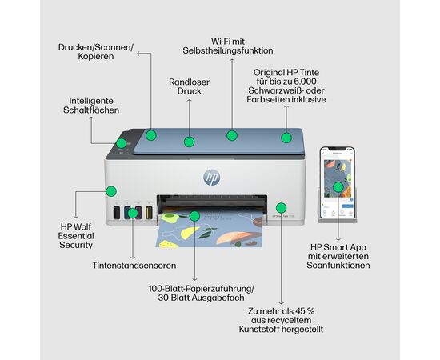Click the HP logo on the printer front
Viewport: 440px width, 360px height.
[x=212, y=177]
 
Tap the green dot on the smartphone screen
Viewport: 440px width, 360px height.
[x=338, y=187]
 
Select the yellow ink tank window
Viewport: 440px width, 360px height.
[x=149, y=213]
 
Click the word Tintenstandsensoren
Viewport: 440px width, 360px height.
[x=134, y=266]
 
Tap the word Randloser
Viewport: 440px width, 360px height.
[x=189, y=82]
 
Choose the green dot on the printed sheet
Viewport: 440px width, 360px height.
[x=194, y=216]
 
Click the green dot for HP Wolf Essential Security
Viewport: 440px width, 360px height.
[x=111, y=191]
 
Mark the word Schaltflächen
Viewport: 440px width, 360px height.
[x=91, y=110]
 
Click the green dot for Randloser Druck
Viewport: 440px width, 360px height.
[x=189, y=142]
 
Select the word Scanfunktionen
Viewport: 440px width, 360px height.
[x=338, y=266]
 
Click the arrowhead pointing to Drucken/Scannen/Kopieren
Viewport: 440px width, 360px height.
[x=138, y=53]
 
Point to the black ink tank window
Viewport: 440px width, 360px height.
[x=117, y=213]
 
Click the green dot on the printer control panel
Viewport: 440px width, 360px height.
[x=122, y=143]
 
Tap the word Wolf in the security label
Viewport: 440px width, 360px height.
[x=82, y=226]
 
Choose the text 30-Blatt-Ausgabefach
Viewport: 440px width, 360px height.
[x=201, y=298]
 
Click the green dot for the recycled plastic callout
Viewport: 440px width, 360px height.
[x=281, y=208]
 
